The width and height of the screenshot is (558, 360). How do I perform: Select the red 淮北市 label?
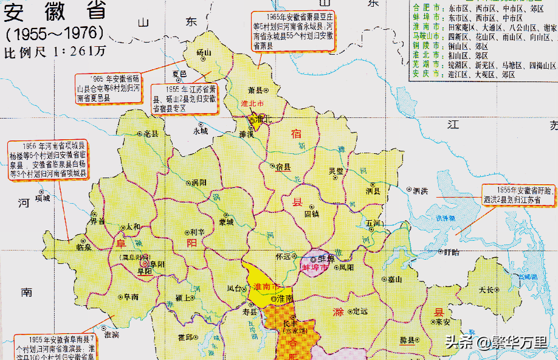click(252, 104)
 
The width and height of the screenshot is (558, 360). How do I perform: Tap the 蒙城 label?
click(226, 221)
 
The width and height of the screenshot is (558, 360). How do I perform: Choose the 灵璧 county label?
click(336, 171)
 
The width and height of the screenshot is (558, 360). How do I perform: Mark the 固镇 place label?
click(312, 214)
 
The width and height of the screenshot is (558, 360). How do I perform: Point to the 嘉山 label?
click(396, 280)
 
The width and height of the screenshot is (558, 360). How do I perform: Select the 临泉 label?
click(84, 247)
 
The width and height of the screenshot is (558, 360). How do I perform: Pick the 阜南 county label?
click(131, 297)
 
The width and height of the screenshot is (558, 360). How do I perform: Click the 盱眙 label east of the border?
click(451, 252)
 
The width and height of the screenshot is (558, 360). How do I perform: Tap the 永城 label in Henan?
click(200, 130)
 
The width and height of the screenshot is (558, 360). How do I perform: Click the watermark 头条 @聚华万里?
click(496, 342)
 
